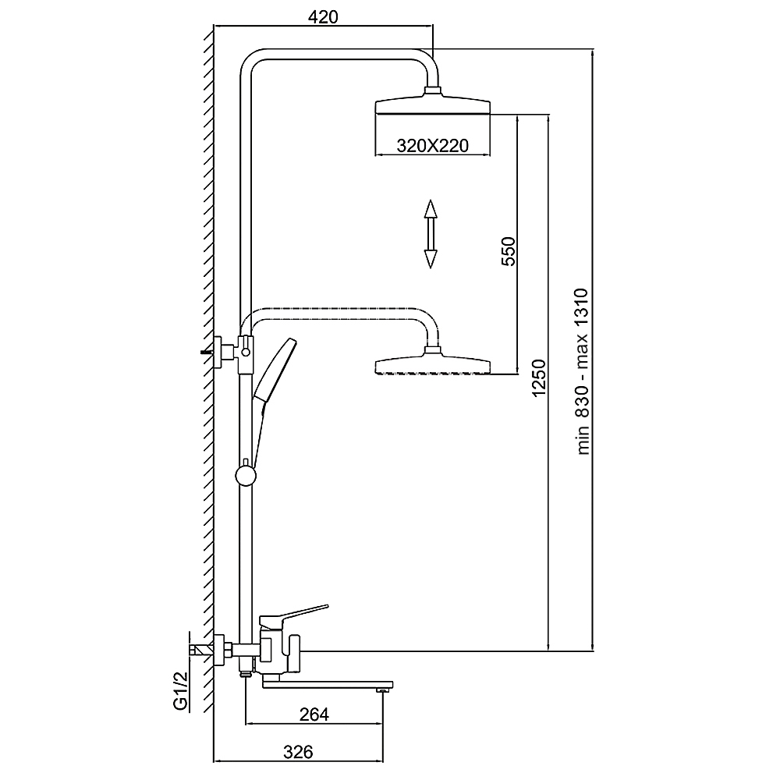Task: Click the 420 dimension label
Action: (322, 17)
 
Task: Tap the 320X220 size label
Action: (432, 145)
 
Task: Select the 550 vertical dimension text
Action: (508, 251)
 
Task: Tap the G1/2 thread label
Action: (181, 692)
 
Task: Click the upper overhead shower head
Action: (433, 105)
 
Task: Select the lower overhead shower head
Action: (433, 365)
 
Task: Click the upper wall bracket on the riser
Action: (234, 347)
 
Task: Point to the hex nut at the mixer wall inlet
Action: (222, 647)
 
